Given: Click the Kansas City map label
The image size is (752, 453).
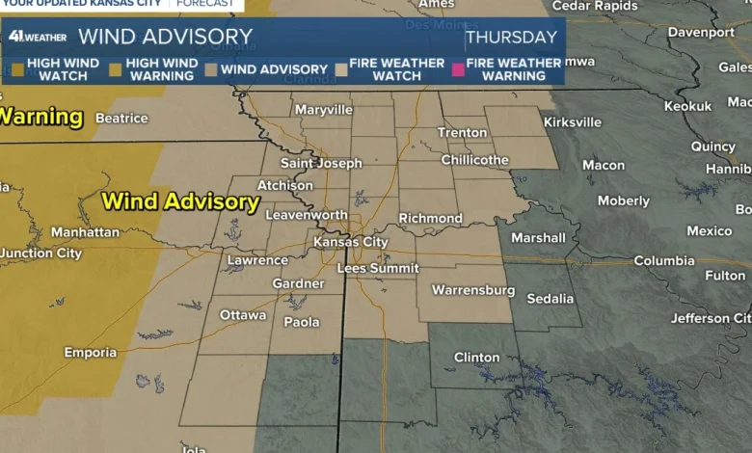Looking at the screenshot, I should point(351,242).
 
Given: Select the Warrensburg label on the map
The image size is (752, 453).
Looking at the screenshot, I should point(472,289).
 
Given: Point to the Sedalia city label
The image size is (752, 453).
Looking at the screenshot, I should point(551,298).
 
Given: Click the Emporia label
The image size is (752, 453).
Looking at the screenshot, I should point(91,352).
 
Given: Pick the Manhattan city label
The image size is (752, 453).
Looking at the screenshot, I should point(85,232).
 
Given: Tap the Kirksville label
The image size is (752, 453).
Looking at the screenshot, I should point(573,122).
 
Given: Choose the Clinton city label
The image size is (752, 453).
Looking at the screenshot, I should point(477,357).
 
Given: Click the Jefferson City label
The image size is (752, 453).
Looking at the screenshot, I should point(713,318).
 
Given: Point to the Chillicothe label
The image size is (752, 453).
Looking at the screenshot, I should point(475,159).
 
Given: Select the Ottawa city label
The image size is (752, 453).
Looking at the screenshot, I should point(243,314).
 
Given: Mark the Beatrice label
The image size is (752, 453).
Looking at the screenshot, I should point(121,118).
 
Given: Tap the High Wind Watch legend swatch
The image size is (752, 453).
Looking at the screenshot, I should point(16,69).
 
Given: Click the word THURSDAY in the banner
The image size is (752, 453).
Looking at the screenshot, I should point(511,38).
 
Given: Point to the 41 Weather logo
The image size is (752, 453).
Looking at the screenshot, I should point(38,37).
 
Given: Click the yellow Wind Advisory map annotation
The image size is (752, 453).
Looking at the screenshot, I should point(180,201).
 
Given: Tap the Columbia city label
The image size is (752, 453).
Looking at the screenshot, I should point(664,260).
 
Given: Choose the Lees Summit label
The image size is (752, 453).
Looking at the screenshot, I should point(378,268).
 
